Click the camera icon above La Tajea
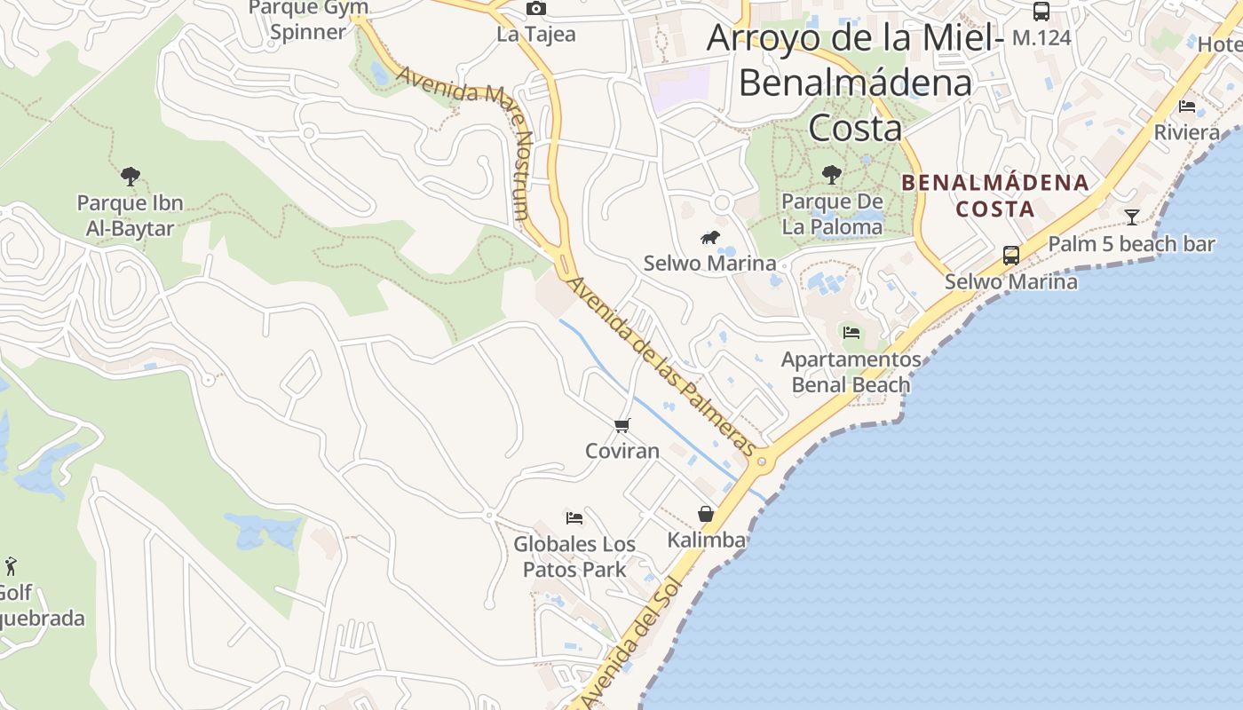point(536,9)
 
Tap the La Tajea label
point(536,35)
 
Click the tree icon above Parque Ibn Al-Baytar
point(131,177)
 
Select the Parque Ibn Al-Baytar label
point(131,216)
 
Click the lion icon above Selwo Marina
point(709,237)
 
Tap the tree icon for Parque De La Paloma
point(832,175)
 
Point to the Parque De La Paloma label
point(832,214)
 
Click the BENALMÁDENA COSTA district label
point(994,196)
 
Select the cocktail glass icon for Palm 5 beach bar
point(1132,217)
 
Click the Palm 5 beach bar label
point(1132,244)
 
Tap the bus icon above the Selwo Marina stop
point(1010,256)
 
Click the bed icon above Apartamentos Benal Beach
point(851,334)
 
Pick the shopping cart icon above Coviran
point(622,426)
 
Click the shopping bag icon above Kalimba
point(706,514)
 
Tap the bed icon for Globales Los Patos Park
point(574,518)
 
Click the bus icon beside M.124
point(1041,12)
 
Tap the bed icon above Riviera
point(1187,106)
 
